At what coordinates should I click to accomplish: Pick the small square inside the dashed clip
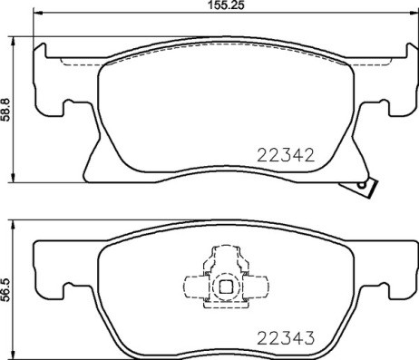tap(224, 288)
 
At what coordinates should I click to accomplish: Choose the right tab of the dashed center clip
tap(258, 288)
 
